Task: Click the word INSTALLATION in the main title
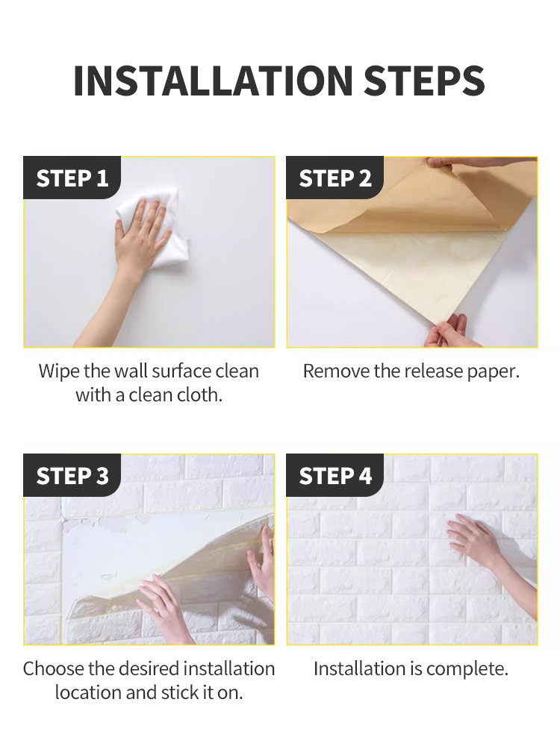pos(213,81)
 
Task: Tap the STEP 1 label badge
pos(72,178)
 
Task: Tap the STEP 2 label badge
pos(335,178)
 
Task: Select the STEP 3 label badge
pos(72,475)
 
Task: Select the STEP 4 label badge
pos(335,475)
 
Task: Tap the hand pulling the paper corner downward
pos(448,332)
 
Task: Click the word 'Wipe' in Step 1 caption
pos(57,371)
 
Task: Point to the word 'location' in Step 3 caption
pos(87,692)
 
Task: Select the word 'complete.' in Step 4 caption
pos(466,668)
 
